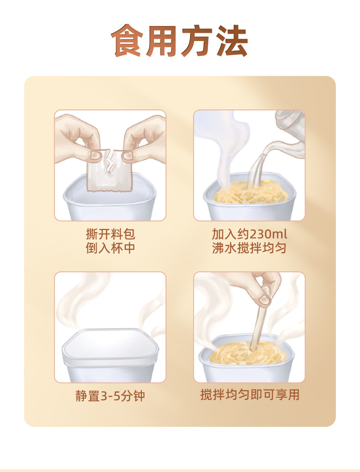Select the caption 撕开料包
click(110, 234)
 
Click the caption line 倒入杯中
click(110, 248)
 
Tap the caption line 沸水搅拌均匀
click(249, 248)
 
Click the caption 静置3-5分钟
click(110, 396)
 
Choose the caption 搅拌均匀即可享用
click(250, 394)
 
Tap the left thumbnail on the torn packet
click(96, 155)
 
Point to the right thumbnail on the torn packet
click(128, 156)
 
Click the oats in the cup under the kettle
click(251, 192)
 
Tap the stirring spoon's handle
click(260, 325)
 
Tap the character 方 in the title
click(197, 40)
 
